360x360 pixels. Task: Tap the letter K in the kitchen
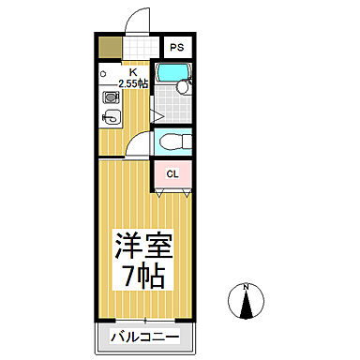click(132, 71)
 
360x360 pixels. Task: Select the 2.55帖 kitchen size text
click(132, 84)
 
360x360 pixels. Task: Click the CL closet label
click(173, 173)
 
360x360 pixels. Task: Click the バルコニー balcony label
click(144, 335)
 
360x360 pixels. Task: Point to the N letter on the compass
click(246, 286)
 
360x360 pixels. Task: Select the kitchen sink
click(109, 117)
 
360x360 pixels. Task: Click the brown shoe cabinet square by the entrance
click(110, 47)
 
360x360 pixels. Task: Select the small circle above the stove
click(103, 73)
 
